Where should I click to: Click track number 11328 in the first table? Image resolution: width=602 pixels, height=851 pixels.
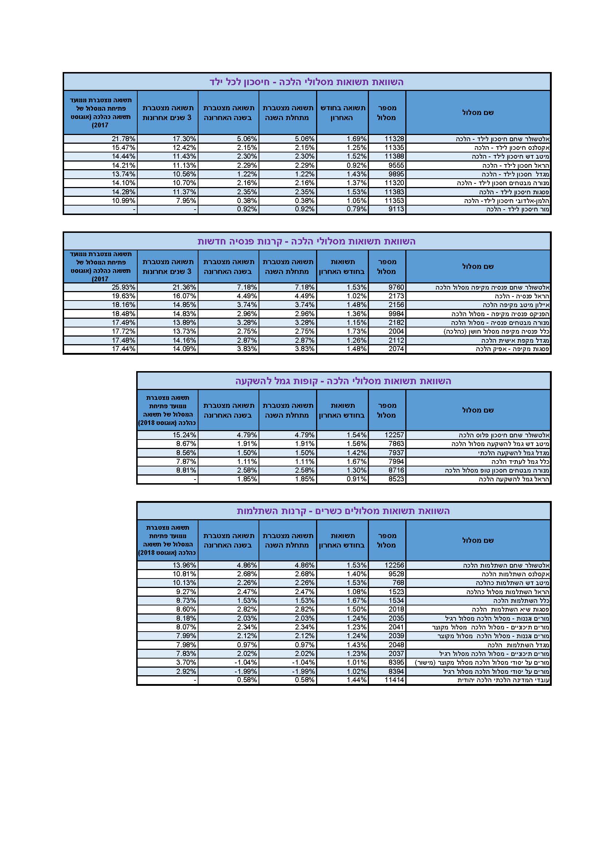394,139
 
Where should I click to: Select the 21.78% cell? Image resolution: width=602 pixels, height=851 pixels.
123,139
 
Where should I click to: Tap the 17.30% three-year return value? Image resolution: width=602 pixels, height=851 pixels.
184,139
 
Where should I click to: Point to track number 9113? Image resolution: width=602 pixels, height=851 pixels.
396,210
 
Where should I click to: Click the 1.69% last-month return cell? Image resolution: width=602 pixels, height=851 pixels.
357,139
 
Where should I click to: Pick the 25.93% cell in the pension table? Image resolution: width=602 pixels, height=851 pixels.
123,287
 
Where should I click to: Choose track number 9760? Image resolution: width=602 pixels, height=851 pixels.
396,287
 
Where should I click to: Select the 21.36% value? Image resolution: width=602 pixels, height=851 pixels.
184,287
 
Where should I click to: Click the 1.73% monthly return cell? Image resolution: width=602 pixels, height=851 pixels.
357,331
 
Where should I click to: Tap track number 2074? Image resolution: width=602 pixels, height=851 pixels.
396,349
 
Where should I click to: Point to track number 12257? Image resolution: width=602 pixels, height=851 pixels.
394,435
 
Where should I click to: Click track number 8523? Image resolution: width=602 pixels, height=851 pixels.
396,479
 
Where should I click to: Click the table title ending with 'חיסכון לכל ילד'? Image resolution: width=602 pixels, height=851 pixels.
307,82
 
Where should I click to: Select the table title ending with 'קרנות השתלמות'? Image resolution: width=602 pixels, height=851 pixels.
343,511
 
